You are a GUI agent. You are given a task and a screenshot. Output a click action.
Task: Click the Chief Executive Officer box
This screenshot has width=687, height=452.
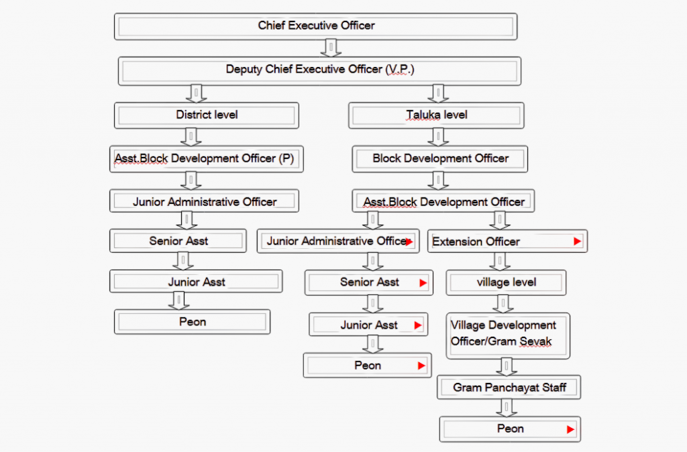point(315,26)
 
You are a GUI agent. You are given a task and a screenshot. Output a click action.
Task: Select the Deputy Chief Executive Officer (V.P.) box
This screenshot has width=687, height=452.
point(319,70)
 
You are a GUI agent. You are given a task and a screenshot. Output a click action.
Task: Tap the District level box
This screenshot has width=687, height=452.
point(207,115)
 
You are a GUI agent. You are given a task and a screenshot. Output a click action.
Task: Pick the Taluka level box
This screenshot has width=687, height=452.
point(436,115)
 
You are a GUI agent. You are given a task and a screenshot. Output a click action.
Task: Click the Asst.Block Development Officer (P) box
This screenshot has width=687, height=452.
point(207,158)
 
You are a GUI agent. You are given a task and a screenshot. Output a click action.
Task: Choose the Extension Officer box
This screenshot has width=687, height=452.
point(507,241)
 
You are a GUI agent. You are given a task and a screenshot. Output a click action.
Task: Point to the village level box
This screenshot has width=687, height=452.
point(506,282)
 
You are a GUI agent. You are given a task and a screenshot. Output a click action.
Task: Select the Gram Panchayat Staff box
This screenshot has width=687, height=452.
point(509,387)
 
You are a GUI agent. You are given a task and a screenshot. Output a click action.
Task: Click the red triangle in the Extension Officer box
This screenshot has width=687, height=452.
point(578,241)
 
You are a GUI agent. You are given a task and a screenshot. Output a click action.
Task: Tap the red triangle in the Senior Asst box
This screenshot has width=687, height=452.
point(423,283)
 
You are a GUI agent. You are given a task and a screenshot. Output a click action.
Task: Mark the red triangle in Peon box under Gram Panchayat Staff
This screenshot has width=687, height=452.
point(570,429)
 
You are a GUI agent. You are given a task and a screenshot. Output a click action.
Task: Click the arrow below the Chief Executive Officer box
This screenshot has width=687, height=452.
point(331,48)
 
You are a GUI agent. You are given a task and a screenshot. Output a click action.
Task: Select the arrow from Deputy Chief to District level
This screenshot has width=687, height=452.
point(196,93)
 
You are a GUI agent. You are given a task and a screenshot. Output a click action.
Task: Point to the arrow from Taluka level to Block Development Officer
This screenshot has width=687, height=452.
point(438,137)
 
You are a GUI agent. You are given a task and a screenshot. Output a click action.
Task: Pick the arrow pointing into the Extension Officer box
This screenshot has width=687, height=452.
point(499,221)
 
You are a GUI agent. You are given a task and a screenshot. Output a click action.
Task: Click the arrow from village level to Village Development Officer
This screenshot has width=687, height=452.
point(503,304)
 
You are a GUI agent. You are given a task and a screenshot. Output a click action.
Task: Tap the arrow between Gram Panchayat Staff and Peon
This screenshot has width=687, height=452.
point(507,408)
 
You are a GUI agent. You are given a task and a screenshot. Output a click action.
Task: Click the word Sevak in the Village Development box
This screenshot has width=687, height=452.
point(536,341)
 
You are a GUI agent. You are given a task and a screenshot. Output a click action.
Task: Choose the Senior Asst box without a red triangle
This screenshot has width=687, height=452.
point(178,241)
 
